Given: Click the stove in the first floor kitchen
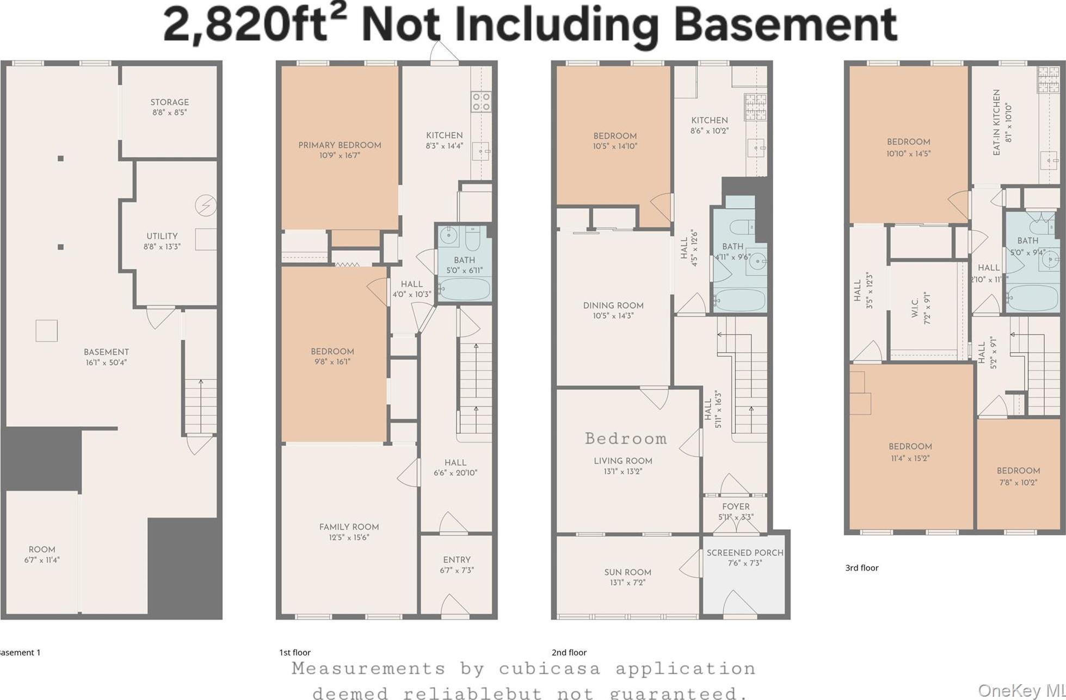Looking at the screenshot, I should tap(481, 101).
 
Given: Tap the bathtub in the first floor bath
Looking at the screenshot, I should tap(464, 289).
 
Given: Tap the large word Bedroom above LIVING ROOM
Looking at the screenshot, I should tap(625, 439).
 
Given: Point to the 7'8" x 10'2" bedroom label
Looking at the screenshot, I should tap(1018, 476).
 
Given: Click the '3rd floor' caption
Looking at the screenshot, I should tap(861, 568).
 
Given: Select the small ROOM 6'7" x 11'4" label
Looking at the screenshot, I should tap(42, 554).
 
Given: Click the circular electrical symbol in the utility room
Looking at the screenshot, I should tap(206, 205).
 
